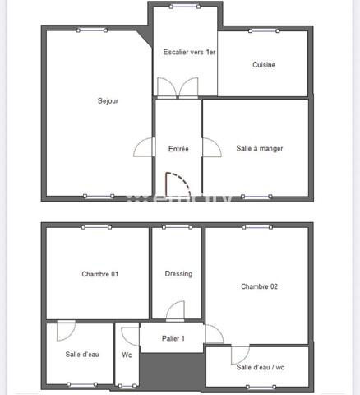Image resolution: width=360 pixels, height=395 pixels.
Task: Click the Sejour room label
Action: tap(108, 101)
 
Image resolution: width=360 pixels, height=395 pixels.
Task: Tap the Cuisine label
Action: tap(264, 65)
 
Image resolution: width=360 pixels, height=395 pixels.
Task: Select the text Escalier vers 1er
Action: tap(189, 52)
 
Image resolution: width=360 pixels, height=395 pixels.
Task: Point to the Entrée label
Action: tap(178, 149)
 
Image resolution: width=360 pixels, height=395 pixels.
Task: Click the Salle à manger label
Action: tap(260, 148)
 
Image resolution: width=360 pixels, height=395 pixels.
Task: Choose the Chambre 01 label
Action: tap(100, 274)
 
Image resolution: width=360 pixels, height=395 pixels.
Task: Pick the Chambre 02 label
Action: tap(259, 286)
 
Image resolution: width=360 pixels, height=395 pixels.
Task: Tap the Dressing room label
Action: tap(178, 274)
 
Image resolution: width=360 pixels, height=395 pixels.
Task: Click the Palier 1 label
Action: tap(173, 338)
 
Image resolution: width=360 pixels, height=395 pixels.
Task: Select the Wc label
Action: tap(127, 355)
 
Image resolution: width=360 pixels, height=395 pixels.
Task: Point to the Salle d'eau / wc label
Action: tap(260, 367)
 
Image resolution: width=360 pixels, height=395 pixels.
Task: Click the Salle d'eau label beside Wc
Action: tap(82, 355)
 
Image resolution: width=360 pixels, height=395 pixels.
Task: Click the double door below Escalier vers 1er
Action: tap(178, 87)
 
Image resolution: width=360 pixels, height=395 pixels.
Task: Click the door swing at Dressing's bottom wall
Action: tap(175, 311)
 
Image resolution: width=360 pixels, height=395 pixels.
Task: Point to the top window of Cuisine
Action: tap(263, 31)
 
